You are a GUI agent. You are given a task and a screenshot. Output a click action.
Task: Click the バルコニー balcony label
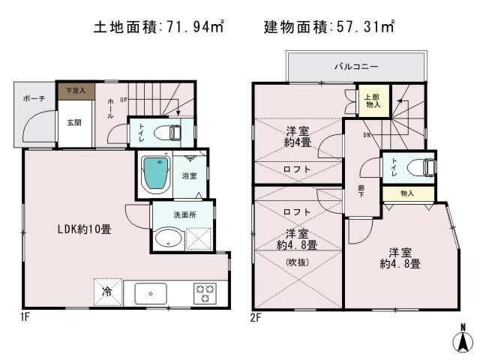[356, 67]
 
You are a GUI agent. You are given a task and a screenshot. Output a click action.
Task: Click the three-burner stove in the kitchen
[204, 292]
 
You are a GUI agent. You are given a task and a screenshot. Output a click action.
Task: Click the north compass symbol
[463, 340]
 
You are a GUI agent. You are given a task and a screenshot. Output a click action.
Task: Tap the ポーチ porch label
[34, 99]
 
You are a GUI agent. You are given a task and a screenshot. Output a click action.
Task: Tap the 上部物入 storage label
[372, 101]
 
